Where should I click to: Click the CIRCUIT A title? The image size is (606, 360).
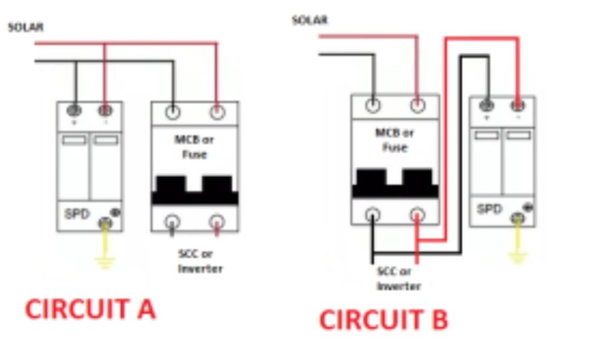tap(90, 309)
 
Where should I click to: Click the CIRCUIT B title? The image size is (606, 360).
tap(383, 319)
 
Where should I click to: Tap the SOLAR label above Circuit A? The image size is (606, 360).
tap(25, 27)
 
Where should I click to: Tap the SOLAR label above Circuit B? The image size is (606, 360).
tap(310, 20)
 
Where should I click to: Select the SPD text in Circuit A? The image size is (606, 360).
tap(78, 214)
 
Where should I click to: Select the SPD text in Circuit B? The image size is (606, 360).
tap(489, 209)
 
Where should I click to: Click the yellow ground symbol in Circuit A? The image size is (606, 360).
tap(105, 261)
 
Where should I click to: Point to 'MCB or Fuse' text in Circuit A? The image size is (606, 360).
tap(195, 147)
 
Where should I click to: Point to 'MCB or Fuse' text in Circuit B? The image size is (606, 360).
tap(395, 139)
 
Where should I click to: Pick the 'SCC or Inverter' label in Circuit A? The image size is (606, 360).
tap(199, 261)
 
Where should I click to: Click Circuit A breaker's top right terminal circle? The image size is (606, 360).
tap(217, 112)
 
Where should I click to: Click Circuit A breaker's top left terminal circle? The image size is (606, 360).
tap(173, 112)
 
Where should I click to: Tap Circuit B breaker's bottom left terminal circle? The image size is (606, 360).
tap(373, 214)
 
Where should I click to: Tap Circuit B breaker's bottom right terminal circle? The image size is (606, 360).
tap(417, 214)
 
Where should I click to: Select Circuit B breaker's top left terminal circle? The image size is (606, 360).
tap(373, 105)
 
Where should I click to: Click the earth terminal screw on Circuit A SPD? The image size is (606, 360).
tap(105, 224)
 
